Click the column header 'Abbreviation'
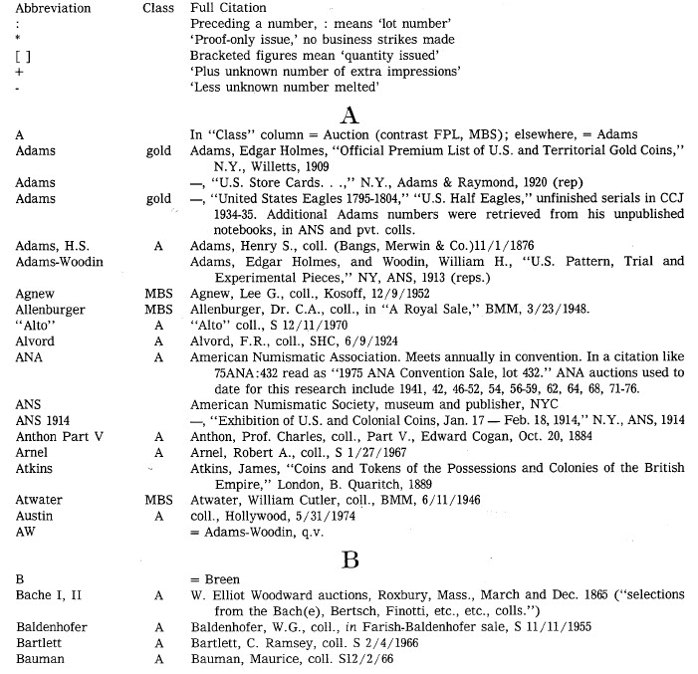(x=47, y=9)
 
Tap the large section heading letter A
(x=349, y=114)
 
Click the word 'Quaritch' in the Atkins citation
(x=355, y=484)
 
